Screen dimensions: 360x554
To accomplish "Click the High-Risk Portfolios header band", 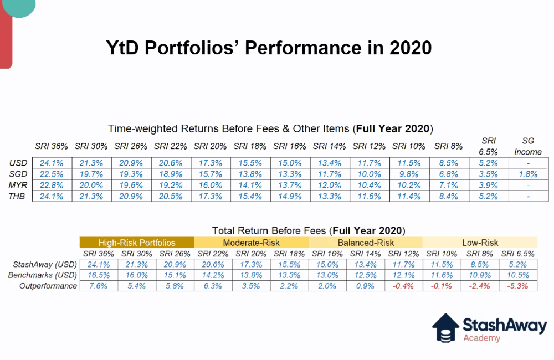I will coord(136,243).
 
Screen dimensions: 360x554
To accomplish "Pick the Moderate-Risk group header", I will coord(251,243).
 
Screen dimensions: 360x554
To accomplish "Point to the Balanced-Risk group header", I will coord(366,243).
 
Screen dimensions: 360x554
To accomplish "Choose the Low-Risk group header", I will coord(480,243).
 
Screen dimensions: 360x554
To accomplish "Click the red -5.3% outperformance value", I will coord(517,286).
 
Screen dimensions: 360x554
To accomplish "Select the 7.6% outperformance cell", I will coord(98,286).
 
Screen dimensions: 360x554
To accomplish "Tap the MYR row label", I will coord(18,184).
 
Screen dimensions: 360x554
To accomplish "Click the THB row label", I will coord(18,196).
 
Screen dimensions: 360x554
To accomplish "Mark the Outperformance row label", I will coord(48,286).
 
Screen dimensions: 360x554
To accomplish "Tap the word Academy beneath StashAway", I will coord(481,338).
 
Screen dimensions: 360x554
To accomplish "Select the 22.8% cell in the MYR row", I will coord(52,184).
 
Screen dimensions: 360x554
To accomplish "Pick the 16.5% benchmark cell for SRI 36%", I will coord(98,275).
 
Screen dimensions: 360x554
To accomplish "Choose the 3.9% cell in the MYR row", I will coord(489,184).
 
